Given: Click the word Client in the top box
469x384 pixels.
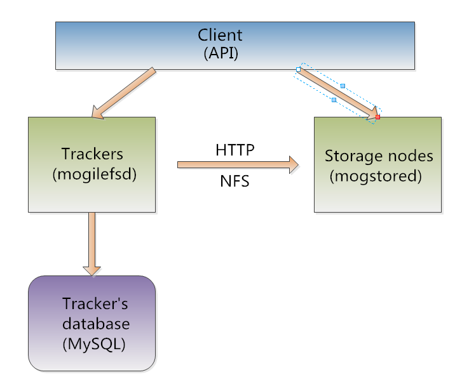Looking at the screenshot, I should (220, 35).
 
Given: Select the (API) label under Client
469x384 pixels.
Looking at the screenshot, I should (221, 53).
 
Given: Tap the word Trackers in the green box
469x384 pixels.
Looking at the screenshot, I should (92, 154).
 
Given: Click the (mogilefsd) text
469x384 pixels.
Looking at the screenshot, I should (92, 174).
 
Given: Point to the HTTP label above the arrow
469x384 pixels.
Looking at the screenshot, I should (235, 150).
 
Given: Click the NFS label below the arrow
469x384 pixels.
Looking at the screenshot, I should (234, 182).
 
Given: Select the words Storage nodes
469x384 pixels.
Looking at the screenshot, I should (379, 156).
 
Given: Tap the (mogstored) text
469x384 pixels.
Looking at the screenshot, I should (376, 176).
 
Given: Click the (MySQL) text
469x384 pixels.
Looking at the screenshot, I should (94, 345).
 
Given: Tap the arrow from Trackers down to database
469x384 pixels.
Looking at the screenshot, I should (93, 238).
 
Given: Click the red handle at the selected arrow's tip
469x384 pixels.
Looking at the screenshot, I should (377, 117).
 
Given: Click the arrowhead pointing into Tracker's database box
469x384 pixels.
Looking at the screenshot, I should (93, 268).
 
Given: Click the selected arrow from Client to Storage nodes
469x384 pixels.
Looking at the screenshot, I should (337, 93).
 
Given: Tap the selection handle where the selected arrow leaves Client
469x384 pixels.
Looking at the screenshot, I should (298, 69).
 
